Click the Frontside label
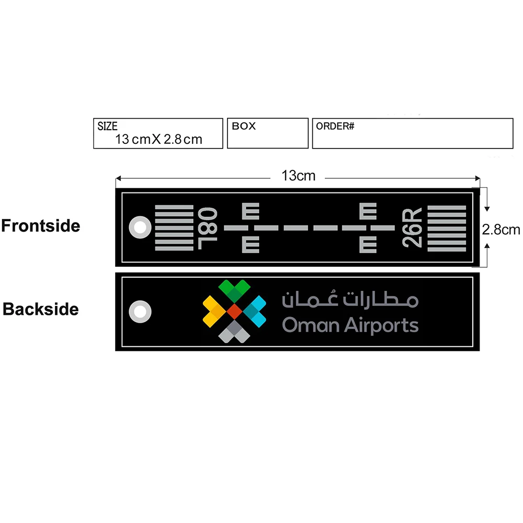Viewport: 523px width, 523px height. (41, 226)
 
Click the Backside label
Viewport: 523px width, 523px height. (41, 309)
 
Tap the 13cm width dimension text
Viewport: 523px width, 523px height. (299, 176)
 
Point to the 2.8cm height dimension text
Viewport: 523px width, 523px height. (501, 230)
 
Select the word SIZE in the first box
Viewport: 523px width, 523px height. (108, 126)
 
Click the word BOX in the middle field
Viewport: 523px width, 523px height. (244, 126)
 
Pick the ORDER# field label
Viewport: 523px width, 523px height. (335, 126)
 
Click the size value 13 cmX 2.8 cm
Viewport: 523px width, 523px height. (158, 139)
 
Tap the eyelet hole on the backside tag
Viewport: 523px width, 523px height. (140, 312)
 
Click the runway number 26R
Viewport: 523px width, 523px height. (412, 228)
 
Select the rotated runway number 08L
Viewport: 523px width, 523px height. (207, 228)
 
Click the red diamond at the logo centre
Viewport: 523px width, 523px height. (234, 312)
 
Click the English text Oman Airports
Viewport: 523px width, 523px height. (350, 325)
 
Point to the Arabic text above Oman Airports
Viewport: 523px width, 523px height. (350, 299)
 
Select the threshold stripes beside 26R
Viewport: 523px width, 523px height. (447, 228)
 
